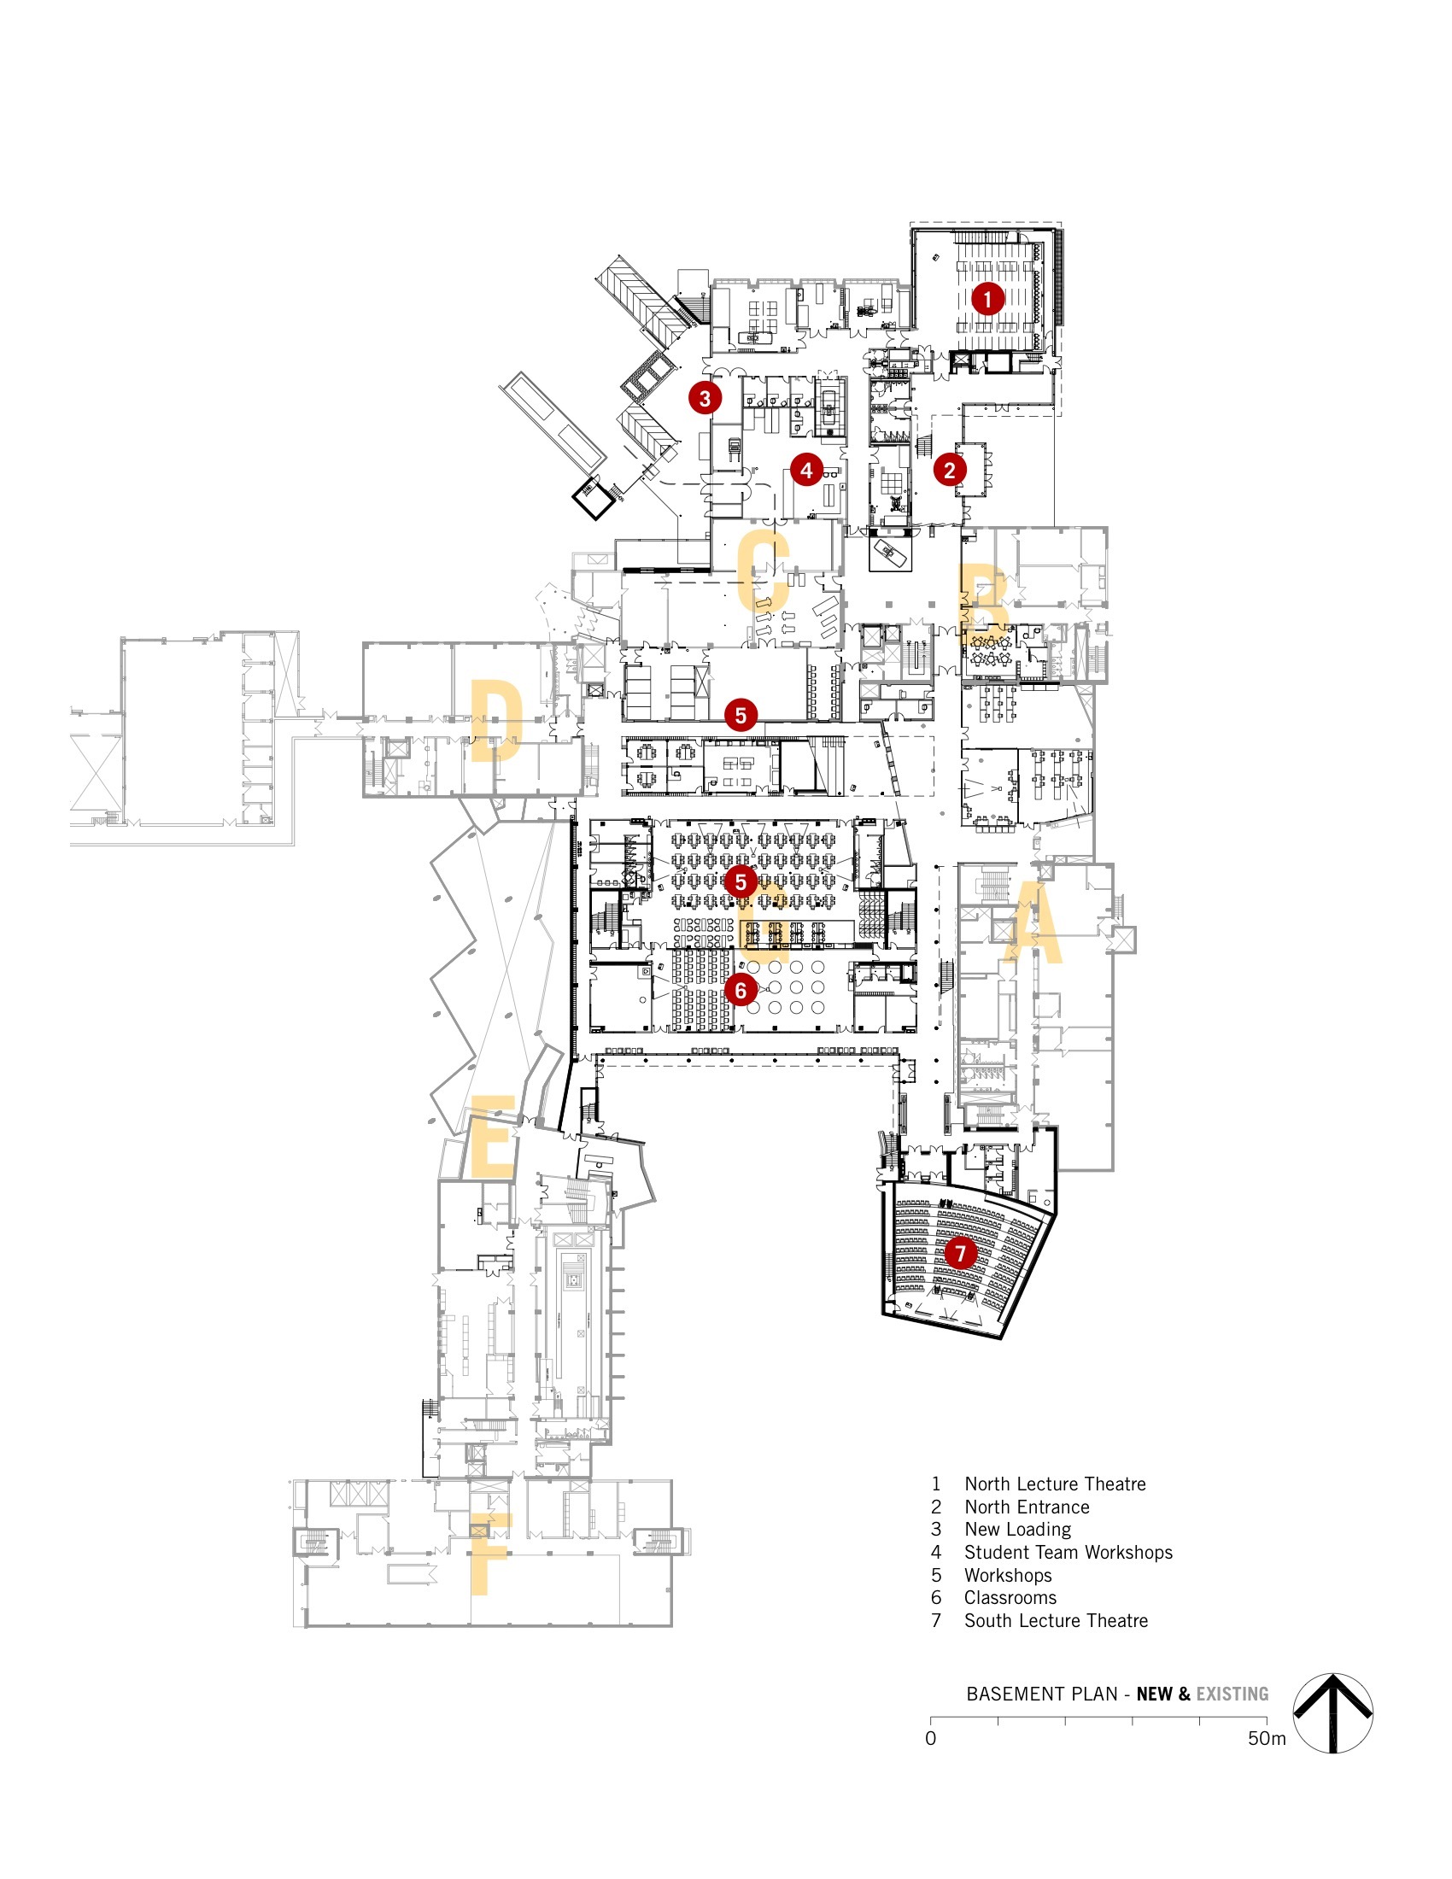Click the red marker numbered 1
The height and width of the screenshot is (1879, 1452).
[987, 299]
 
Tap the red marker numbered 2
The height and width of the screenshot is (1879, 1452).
[949, 470]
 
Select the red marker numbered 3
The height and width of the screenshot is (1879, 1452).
[705, 397]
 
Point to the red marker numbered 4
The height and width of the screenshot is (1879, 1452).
[806, 470]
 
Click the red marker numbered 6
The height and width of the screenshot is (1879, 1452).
[740, 990]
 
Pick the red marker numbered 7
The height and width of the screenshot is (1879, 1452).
[960, 1254]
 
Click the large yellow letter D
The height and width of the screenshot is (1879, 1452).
[496, 721]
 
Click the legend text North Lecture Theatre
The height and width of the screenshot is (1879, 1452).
[1055, 1484]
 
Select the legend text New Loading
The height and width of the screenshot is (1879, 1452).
[1017, 1530]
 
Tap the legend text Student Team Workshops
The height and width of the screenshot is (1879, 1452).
[1068, 1552]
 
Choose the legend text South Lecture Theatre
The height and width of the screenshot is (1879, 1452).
[1056, 1621]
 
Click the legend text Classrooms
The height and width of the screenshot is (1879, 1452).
[1010, 1598]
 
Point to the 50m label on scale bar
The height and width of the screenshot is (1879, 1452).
[1266, 1739]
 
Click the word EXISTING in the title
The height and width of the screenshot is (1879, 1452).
[1232, 1694]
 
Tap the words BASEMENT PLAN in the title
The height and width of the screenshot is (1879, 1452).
[1041, 1694]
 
